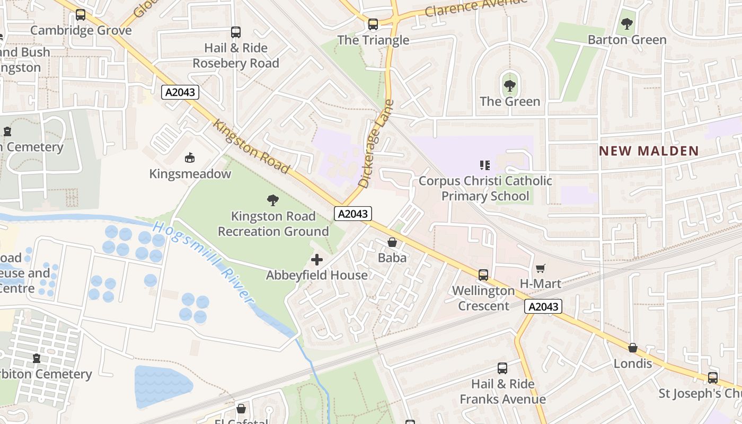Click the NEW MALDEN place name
coord(649,151)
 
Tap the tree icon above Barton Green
coord(626,24)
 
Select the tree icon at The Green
coord(509,85)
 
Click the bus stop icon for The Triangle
coord(373,24)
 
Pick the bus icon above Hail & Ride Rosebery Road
coord(236,32)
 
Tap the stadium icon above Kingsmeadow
coord(190,158)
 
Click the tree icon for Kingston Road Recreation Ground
coord(273,200)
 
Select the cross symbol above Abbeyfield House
coord(317,260)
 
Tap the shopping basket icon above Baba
coord(392,243)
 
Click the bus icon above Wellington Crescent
coord(483,275)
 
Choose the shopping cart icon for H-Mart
coord(540,269)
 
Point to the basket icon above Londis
coord(633,348)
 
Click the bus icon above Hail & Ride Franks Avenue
coord(502,368)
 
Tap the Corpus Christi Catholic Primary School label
coord(485,188)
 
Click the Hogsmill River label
coord(204,263)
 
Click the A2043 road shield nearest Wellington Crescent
coord(543,307)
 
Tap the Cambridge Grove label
coord(81,30)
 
